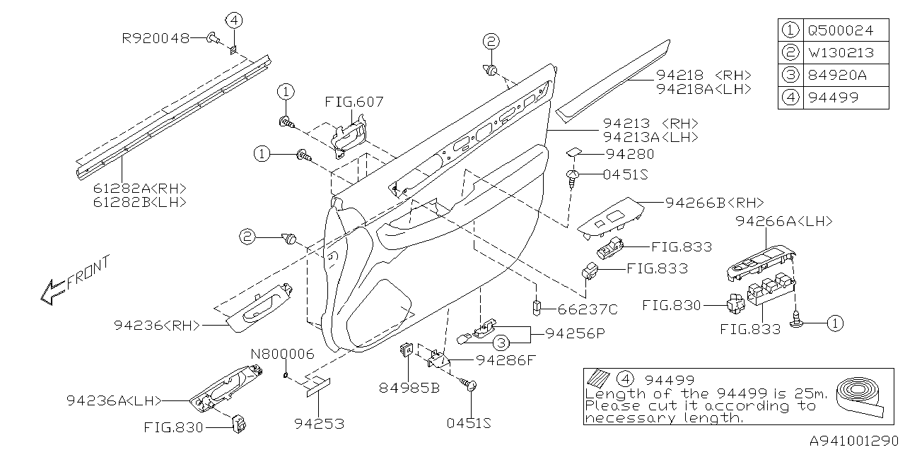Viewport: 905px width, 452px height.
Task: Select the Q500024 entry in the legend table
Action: click(x=840, y=30)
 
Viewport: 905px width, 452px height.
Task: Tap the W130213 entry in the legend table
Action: click(x=840, y=52)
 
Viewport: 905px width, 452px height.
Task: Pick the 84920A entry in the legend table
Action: click(x=836, y=75)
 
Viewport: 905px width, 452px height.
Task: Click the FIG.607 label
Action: click(x=354, y=102)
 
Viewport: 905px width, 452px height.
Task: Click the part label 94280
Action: click(x=629, y=153)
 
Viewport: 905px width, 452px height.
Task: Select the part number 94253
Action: click(x=320, y=424)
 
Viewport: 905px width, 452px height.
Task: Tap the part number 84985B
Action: click(x=409, y=387)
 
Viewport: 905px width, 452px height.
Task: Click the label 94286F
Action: click(x=506, y=360)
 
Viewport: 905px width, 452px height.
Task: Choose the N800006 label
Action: click(x=282, y=354)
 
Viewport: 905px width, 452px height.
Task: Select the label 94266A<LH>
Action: click(x=783, y=221)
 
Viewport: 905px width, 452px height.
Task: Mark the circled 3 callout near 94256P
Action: click(x=500, y=343)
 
